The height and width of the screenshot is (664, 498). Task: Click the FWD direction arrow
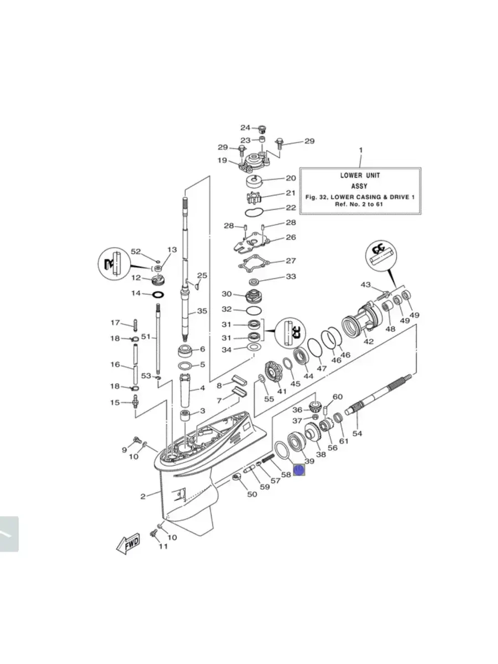click(x=128, y=546)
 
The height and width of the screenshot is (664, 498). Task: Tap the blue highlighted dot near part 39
click(x=299, y=469)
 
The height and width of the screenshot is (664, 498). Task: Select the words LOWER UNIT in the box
click(x=360, y=175)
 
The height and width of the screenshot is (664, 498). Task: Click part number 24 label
click(x=246, y=128)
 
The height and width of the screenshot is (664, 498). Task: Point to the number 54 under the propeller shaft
click(x=357, y=433)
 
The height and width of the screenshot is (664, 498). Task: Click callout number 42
click(x=369, y=342)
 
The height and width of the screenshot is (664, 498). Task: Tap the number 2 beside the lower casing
click(x=143, y=496)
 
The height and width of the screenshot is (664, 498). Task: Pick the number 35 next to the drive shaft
click(x=202, y=311)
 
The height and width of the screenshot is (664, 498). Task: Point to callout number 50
click(x=252, y=494)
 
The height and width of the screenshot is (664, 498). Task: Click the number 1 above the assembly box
click(x=361, y=150)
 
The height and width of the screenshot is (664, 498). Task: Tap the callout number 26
click(x=291, y=237)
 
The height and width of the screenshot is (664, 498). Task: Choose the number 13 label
click(x=172, y=250)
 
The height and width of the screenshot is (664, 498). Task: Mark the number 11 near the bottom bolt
click(x=163, y=546)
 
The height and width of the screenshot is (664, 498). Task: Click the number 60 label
click(x=338, y=397)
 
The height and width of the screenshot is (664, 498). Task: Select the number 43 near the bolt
click(x=366, y=284)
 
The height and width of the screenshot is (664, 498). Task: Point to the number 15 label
click(x=115, y=402)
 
